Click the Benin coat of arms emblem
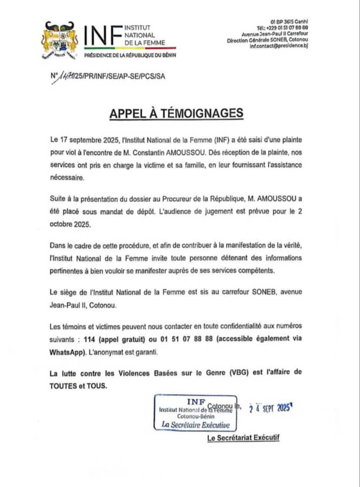(x=58, y=40)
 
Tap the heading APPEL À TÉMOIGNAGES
(x=176, y=114)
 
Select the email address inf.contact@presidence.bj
(x=278, y=46)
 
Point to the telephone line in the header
(x=282, y=27)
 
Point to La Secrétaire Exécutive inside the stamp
(x=196, y=424)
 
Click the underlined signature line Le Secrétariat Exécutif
(x=243, y=438)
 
